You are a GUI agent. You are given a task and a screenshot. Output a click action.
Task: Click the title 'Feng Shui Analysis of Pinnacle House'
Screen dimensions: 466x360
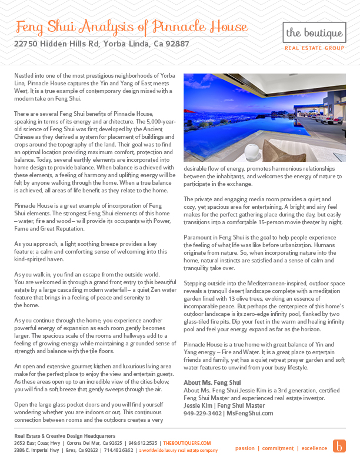[x=132, y=27]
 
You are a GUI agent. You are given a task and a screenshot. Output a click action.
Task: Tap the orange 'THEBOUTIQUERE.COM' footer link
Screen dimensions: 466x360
[x=187, y=442]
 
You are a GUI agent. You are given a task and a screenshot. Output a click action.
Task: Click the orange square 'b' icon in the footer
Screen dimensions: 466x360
[x=339, y=446]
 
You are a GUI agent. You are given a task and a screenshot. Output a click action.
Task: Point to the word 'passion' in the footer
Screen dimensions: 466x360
[x=245, y=448]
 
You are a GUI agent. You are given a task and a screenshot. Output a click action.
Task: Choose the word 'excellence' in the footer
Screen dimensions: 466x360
[x=314, y=448]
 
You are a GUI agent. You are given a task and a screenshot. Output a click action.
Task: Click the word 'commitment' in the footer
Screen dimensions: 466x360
[x=278, y=448]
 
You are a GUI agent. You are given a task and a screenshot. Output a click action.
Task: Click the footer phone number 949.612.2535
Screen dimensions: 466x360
[x=144, y=442]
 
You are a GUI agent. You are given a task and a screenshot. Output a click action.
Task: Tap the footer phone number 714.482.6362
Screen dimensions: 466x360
[x=118, y=450]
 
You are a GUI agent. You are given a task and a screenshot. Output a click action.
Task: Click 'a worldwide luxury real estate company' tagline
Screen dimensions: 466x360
[x=178, y=450]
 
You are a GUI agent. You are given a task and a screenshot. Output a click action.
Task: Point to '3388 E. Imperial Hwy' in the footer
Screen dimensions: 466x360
[x=36, y=450]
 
